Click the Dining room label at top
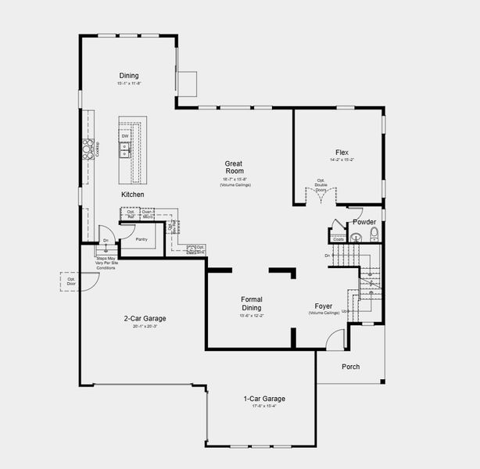point(129,76)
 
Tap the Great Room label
point(235,166)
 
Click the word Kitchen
point(132,194)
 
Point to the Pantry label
point(141,239)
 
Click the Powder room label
point(364,222)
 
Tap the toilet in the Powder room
point(374,233)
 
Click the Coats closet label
point(338,239)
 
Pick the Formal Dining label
point(252,303)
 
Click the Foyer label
point(324,306)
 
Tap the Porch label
point(351,367)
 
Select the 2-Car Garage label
point(145,318)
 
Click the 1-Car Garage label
point(263,399)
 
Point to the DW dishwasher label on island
point(125,136)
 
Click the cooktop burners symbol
point(87,148)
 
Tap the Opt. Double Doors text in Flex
point(321,184)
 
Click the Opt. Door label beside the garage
point(70,281)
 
